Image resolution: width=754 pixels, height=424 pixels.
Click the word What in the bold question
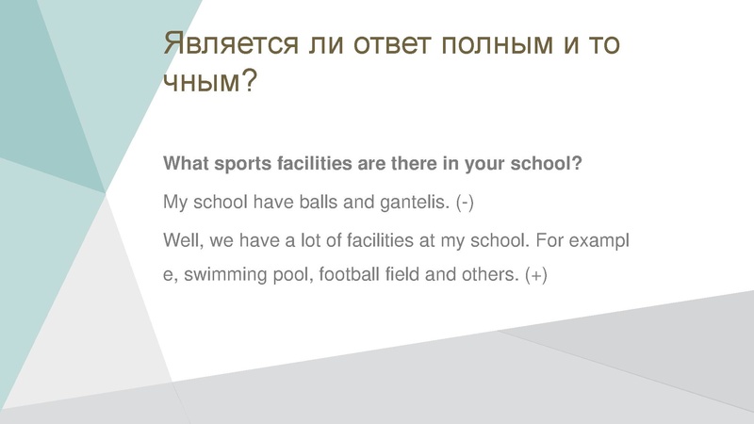pyautogui.click(x=186, y=163)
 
